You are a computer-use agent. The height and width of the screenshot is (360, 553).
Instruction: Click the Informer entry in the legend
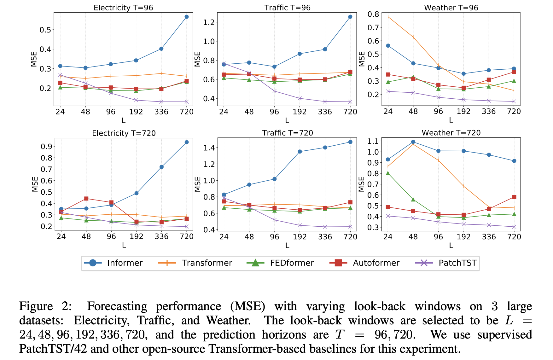(125, 263)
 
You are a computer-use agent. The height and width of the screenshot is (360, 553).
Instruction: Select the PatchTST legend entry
(457, 263)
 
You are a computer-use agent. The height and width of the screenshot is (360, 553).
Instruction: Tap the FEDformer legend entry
(292, 263)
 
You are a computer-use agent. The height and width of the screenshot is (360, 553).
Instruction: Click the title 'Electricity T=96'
(123, 8)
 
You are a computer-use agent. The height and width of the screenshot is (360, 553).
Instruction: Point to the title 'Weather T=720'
(451, 133)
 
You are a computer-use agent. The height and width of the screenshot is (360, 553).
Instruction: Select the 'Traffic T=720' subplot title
(288, 133)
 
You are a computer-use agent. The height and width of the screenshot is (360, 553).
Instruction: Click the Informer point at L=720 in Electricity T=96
(187, 17)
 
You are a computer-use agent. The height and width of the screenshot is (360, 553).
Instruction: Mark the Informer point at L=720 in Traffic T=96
(350, 17)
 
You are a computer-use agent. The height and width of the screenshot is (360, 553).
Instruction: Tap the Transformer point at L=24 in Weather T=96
(388, 17)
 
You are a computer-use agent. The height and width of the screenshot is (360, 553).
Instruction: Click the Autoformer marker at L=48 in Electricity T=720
(86, 199)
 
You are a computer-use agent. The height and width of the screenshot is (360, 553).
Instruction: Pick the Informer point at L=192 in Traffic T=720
(300, 152)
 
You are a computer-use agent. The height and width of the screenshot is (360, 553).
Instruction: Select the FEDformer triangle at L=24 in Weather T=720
(388, 173)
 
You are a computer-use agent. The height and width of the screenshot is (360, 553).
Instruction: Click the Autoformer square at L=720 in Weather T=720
(514, 197)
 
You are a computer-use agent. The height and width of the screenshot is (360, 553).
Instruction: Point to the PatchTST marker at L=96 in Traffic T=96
(274, 91)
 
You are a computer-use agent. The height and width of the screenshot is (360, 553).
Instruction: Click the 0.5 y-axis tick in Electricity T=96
(45, 30)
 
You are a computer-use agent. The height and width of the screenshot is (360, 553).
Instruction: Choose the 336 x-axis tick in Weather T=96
(489, 111)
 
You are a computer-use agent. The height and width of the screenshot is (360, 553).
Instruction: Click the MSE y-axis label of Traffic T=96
(198, 59)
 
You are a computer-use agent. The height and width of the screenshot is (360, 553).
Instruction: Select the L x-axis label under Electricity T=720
(124, 245)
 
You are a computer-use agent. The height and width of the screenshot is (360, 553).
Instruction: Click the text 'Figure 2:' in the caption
(45, 306)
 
